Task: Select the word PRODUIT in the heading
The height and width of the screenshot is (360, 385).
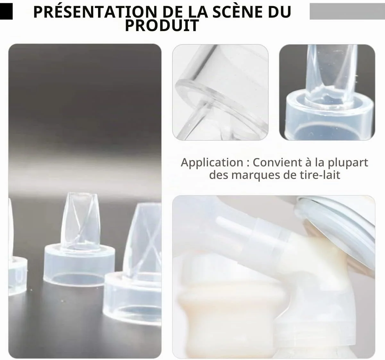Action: pyautogui.click(x=162, y=25)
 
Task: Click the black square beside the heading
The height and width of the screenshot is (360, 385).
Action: pyautogui.click(x=6, y=11)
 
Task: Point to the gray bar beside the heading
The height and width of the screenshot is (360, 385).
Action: pyautogui.click(x=347, y=11)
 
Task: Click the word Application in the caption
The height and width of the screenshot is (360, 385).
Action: pyautogui.click(x=212, y=163)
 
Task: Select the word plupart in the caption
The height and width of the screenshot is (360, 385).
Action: pyautogui.click(x=348, y=163)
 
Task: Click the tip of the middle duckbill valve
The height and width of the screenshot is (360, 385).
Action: pyautogui.click(x=81, y=194)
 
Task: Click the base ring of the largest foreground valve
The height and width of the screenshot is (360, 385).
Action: pyautogui.click(x=132, y=298)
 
